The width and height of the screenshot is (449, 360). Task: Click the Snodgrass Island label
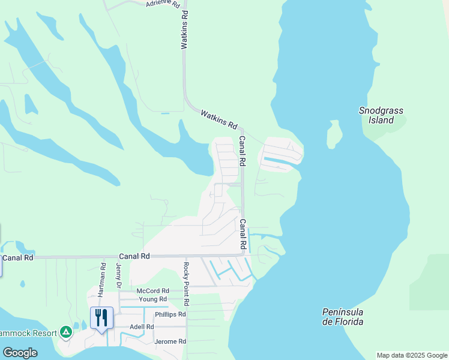(x=381, y=115)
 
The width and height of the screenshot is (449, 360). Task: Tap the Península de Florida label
(x=342, y=317)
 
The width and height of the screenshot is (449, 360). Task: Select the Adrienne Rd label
(x=163, y=4)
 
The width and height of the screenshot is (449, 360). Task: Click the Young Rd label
(x=152, y=299)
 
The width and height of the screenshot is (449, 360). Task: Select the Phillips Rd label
(x=170, y=314)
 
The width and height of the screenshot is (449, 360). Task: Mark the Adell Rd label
(x=142, y=327)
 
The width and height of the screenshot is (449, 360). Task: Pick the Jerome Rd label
(x=170, y=341)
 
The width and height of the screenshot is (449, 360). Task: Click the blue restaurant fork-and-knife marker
(x=101, y=318)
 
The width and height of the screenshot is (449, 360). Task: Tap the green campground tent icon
(x=65, y=332)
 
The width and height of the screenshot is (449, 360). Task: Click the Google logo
(x=19, y=352)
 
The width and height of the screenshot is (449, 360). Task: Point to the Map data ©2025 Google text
(x=412, y=355)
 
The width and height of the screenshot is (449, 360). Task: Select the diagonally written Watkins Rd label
(x=218, y=119)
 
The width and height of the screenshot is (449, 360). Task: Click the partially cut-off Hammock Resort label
(x=28, y=332)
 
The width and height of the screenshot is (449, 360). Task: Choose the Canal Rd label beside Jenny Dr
(x=134, y=256)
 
